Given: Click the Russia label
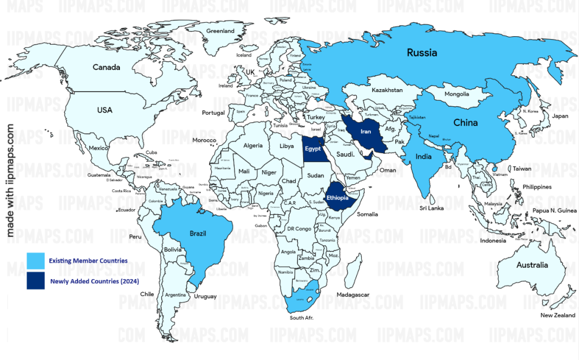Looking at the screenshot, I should [422, 53].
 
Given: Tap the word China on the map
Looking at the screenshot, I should [465, 123].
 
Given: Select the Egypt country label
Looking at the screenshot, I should [313, 149].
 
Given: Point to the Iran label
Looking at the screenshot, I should [366, 132].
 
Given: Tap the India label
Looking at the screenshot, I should [424, 157].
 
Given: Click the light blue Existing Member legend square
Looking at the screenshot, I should [35, 261].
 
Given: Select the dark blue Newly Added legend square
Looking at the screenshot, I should [35, 280].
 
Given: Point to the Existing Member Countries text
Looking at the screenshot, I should [88, 261].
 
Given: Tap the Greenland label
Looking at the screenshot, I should [221, 31].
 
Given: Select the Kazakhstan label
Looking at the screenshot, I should [387, 90].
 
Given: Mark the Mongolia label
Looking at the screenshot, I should [457, 94].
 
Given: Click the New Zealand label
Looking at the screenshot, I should [558, 315].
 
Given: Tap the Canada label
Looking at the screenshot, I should [106, 67].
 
